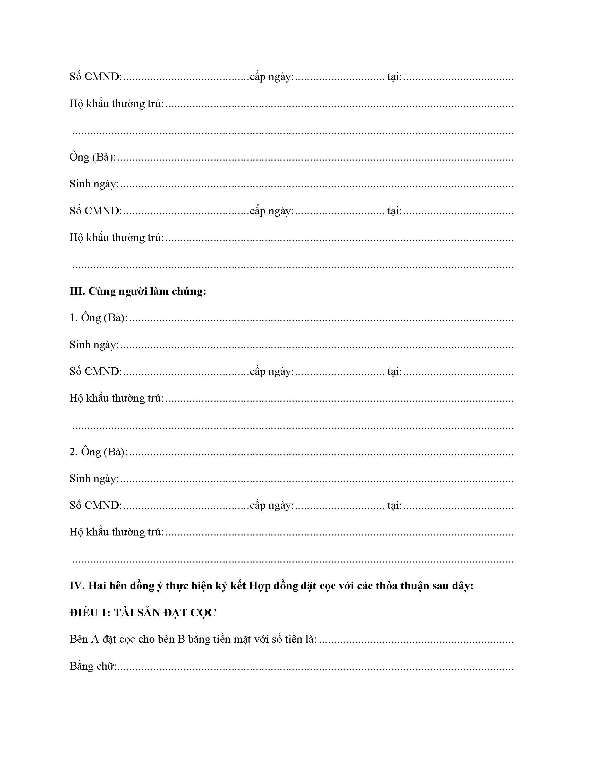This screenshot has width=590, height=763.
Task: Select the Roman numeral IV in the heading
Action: pyautogui.click(x=76, y=585)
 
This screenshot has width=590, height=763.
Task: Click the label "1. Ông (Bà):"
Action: pyautogui.click(x=98, y=318)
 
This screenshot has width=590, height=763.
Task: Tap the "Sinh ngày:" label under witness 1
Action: pyautogui.click(x=94, y=345)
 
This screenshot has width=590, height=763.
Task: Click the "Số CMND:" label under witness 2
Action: pyautogui.click(x=95, y=505)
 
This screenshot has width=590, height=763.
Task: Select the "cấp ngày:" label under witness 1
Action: pyautogui.click(x=272, y=372)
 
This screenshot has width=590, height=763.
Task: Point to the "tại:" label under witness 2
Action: pyautogui.click(x=394, y=506)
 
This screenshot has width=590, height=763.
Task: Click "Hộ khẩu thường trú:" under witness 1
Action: pyautogui.click(x=116, y=398)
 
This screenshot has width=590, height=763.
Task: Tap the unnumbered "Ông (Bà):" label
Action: pyautogui.click(x=93, y=157)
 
